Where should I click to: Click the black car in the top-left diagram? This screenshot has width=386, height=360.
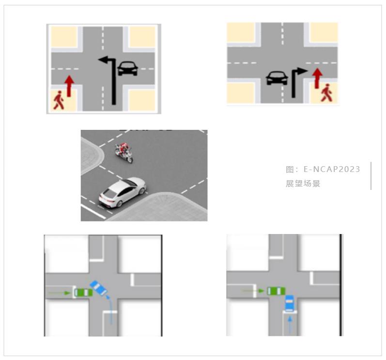click(x=127, y=68)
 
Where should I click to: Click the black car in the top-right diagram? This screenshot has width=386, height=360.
click(x=277, y=78)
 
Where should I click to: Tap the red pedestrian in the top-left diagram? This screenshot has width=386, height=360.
click(x=59, y=100)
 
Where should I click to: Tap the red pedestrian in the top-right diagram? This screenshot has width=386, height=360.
click(x=326, y=93)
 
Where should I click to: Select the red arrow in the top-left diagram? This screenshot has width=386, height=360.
click(x=69, y=86)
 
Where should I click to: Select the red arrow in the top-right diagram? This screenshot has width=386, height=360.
click(x=317, y=78)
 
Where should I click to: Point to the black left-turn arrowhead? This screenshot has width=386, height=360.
click(x=103, y=60)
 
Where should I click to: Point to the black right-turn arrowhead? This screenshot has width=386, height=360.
click(x=302, y=71)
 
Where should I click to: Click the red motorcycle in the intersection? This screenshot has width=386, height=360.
click(x=124, y=152)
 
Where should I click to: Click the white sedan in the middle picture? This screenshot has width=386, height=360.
click(x=123, y=192)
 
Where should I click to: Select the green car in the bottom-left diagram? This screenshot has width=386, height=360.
click(x=83, y=293)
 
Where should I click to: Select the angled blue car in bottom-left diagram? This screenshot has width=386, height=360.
click(x=98, y=288)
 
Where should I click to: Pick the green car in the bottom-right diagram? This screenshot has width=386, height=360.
click(x=276, y=291)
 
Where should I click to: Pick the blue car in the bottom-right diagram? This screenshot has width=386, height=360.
click(x=289, y=303)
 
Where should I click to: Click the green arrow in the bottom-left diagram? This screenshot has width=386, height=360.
click(x=59, y=293)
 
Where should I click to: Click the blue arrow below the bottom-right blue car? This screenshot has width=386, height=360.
click(x=290, y=325)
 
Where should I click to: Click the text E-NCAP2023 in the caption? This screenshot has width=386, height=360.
click(x=332, y=169)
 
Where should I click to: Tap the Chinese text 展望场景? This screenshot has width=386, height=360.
click(x=303, y=184)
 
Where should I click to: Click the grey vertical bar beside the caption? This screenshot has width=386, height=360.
click(x=371, y=176)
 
